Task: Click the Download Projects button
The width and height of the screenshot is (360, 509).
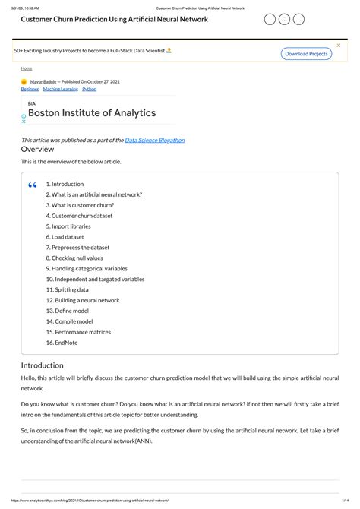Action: click(x=307, y=54)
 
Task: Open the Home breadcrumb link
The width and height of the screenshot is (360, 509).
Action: click(x=26, y=68)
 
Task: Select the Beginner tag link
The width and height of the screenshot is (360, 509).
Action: click(x=30, y=89)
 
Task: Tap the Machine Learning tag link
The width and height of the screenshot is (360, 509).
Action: click(x=59, y=89)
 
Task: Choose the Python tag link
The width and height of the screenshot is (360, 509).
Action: click(x=89, y=89)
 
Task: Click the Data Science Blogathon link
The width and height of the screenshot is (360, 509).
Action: click(x=155, y=140)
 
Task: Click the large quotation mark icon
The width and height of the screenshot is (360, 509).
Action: click(x=32, y=185)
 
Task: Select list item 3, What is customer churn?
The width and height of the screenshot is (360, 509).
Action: click(x=80, y=205)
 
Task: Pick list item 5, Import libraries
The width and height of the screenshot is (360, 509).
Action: click(x=68, y=226)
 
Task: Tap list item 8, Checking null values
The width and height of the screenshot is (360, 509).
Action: click(x=74, y=258)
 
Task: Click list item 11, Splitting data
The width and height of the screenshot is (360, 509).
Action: click(x=68, y=289)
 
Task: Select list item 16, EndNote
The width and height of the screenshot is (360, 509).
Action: click(x=62, y=343)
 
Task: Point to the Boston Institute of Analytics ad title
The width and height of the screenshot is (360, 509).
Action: click(x=92, y=113)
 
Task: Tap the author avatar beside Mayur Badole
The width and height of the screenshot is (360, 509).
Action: click(x=24, y=81)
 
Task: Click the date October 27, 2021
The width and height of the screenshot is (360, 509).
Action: click(x=104, y=81)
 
